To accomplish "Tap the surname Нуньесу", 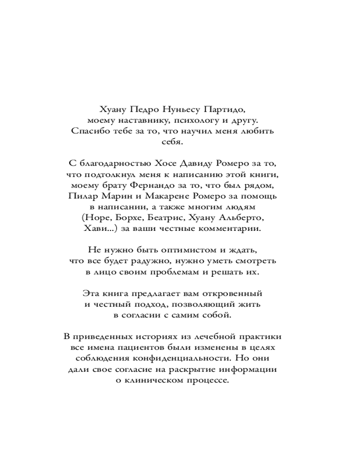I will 181,109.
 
